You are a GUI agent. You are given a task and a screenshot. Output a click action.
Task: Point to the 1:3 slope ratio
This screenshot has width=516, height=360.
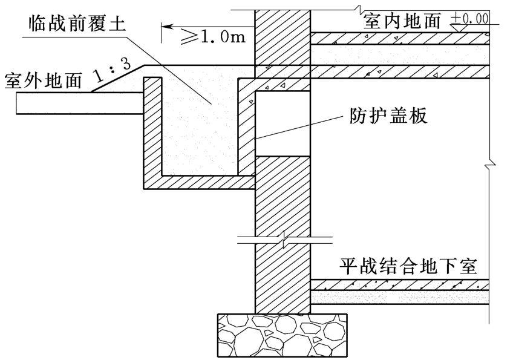pyautogui.click(x=111, y=70)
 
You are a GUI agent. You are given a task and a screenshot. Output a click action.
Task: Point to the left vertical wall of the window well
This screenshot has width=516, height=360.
pyautogui.click(x=152, y=130)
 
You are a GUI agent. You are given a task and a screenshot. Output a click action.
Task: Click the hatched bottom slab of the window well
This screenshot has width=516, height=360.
pyautogui.click(x=200, y=182)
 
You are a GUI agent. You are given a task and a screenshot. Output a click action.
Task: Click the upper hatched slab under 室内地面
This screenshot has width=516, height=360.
pyautogui.click(x=399, y=38)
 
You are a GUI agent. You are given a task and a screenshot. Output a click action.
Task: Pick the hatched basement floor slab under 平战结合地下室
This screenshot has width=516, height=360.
pyautogui.click(x=399, y=284)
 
